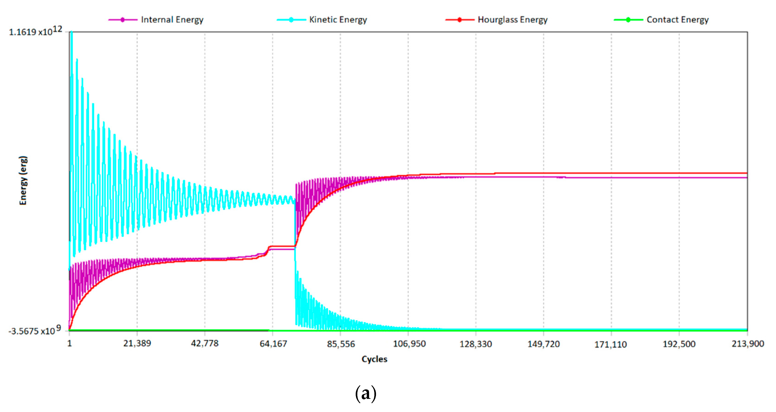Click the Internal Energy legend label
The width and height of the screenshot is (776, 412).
[172, 20]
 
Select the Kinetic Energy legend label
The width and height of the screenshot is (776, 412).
[338, 20]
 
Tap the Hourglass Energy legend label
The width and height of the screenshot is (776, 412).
[512, 20]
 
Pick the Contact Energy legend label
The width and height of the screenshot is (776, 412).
[678, 20]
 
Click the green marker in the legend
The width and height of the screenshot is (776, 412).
[628, 20]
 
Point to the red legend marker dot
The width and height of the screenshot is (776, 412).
[459, 20]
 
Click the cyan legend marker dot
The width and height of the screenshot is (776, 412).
[291, 20]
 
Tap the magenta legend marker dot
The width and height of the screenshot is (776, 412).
[123, 20]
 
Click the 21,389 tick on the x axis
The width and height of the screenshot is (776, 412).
[137, 343]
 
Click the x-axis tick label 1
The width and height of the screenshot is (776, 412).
[70, 343]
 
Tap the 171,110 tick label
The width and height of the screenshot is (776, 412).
[610, 344]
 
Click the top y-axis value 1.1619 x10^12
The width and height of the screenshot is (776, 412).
[35, 31]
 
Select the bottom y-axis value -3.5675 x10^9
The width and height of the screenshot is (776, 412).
[34, 330]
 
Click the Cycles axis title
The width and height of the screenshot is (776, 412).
[374, 359]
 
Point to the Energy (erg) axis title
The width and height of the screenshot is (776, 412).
[23, 180]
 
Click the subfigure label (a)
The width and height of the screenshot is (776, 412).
[366, 393]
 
